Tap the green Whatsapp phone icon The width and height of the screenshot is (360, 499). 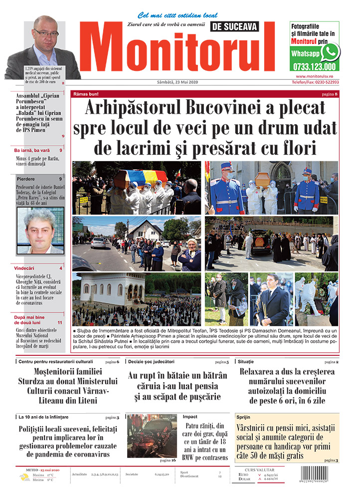click(x=330, y=52)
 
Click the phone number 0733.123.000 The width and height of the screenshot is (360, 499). click(x=315, y=67)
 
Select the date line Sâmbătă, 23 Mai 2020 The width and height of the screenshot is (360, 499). click(x=180, y=82)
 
